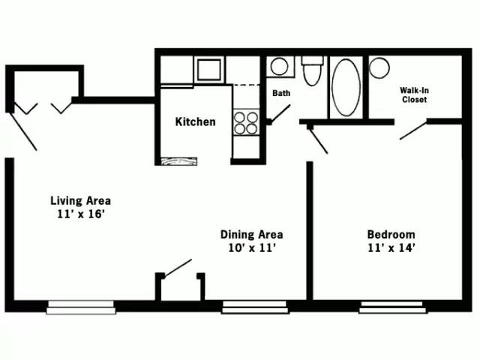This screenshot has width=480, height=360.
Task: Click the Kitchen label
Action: pyautogui.click(x=195, y=121)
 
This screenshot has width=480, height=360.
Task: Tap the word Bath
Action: pyautogui.click(x=281, y=94)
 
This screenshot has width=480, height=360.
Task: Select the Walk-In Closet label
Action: pyautogui.click(x=414, y=94)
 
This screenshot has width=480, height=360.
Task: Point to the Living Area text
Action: pyautogui.click(x=80, y=200)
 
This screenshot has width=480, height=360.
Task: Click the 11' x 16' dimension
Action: pyautogui.click(x=80, y=214)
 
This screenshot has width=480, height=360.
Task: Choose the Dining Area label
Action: pyautogui.click(x=251, y=234)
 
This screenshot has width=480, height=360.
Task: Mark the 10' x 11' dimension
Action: pyautogui.click(x=251, y=247)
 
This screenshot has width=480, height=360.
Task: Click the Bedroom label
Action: pyautogui.click(x=391, y=234)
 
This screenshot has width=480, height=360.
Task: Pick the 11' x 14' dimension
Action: pyautogui.click(x=391, y=247)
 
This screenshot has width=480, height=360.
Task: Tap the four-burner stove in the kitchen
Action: pyautogui.click(x=245, y=122)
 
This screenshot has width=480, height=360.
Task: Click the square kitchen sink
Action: pyautogui.click(x=208, y=70)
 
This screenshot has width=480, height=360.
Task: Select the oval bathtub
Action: pyautogui.click(x=346, y=86)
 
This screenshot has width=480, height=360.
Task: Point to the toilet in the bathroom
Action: pyautogui.click(x=311, y=72)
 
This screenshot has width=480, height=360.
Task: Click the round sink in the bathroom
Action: pyautogui.click(x=279, y=67)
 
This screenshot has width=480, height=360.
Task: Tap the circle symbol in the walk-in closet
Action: pyautogui.click(x=379, y=67)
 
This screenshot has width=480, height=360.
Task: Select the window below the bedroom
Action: pyautogui.click(x=392, y=306)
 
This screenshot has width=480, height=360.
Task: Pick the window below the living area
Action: pyautogui.click(x=81, y=306)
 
